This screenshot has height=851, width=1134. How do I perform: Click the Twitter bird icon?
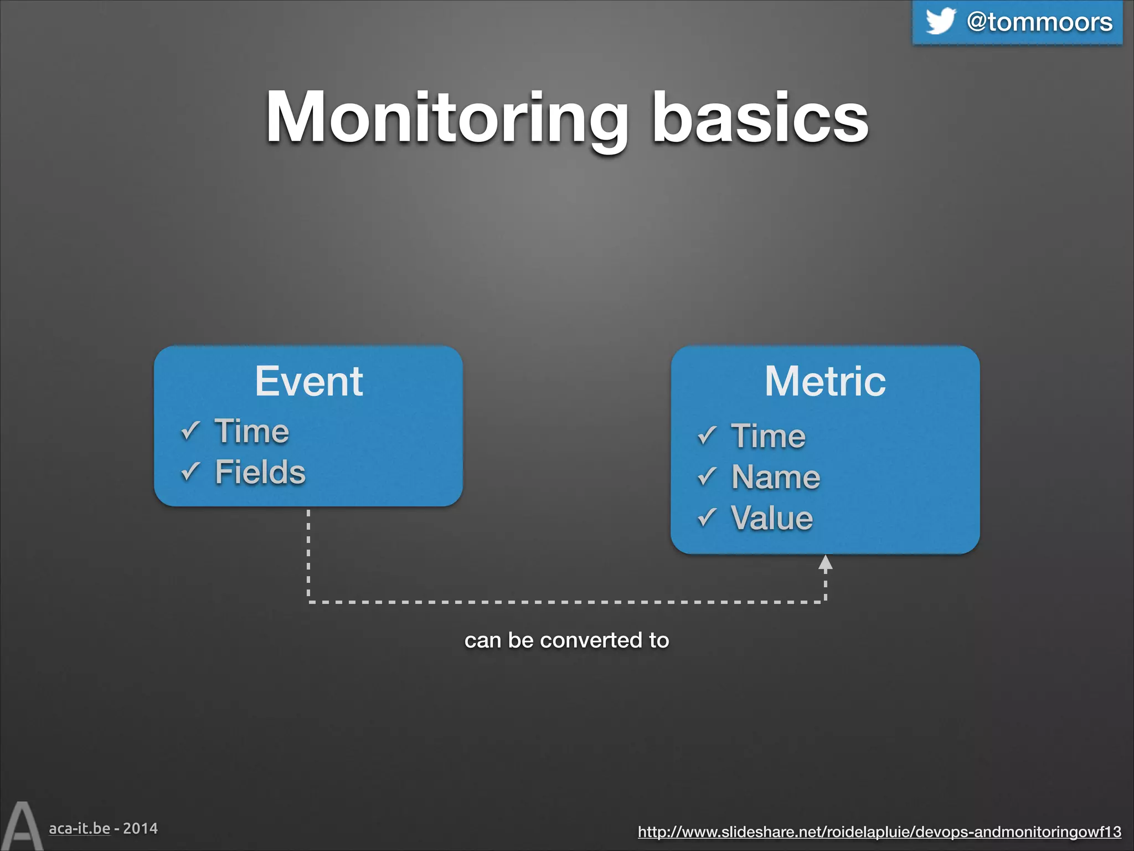(x=940, y=21)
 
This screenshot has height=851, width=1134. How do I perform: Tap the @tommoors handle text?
(x=1039, y=22)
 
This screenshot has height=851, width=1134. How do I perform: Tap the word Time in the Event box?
(x=252, y=431)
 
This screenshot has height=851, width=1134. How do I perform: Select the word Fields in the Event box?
(x=260, y=472)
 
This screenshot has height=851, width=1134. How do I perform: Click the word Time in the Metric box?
(x=768, y=435)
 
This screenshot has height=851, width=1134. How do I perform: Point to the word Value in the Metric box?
(x=772, y=517)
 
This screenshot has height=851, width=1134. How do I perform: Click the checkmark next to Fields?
(x=190, y=471)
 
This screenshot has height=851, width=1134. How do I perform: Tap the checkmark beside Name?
(x=707, y=476)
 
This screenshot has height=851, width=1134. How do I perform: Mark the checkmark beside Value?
(x=707, y=517)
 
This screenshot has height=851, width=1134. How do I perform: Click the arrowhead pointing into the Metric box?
(x=825, y=564)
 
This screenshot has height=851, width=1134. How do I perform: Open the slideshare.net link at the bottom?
(x=879, y=832)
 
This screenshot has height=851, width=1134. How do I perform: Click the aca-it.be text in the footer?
(x=79, y=828)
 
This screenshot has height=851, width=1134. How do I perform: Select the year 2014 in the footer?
(x=140, y=828)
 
